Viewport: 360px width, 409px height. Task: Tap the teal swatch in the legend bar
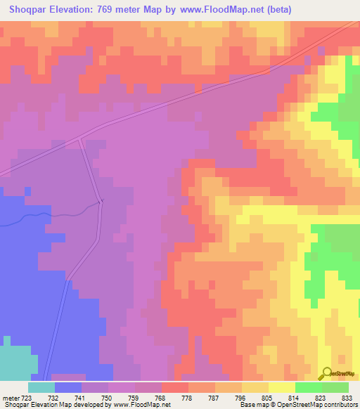[x=41, y=387]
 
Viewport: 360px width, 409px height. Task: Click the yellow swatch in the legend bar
[x=282, y=387]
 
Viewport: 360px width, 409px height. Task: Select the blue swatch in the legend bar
[x=68, y=387]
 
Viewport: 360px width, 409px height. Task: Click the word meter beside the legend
[x=10, y=397]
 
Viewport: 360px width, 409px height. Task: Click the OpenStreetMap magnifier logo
[x=327, y=374]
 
